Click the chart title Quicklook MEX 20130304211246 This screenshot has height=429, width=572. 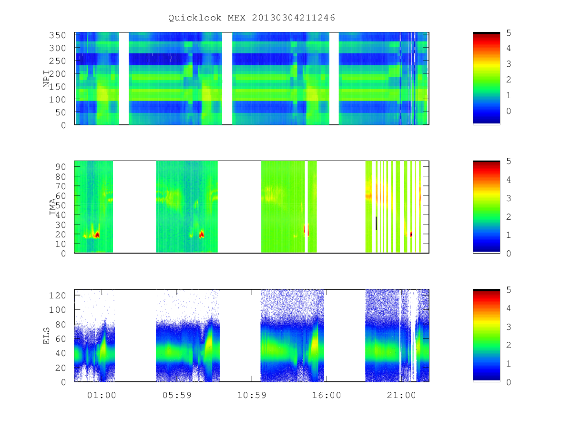[252, 18]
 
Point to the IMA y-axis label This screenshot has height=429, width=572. [52, 206]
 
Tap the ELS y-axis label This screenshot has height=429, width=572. [46, 336]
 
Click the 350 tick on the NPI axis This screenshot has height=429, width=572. [58, 35]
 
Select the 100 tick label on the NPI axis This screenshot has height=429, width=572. [58, 100]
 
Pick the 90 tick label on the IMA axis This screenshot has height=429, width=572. [61, 167]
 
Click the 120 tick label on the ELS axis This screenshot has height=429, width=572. [58, 296]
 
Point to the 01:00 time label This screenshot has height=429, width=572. [102, 395]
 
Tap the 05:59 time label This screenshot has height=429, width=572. [177, 395]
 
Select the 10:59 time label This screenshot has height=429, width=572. [252, 395]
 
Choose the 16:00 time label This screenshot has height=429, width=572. [327, 395]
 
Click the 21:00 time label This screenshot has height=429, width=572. [401, 395]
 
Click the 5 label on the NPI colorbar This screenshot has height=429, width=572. [509, 33]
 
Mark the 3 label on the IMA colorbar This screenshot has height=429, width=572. [509, 198]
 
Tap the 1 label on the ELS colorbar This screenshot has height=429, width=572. [509, 364]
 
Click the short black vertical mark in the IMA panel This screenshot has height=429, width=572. [376, 223]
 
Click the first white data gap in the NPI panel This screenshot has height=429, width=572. [124, 78]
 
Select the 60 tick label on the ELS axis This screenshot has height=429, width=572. [61, 338]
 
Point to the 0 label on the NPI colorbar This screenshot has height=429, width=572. [509, 111]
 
